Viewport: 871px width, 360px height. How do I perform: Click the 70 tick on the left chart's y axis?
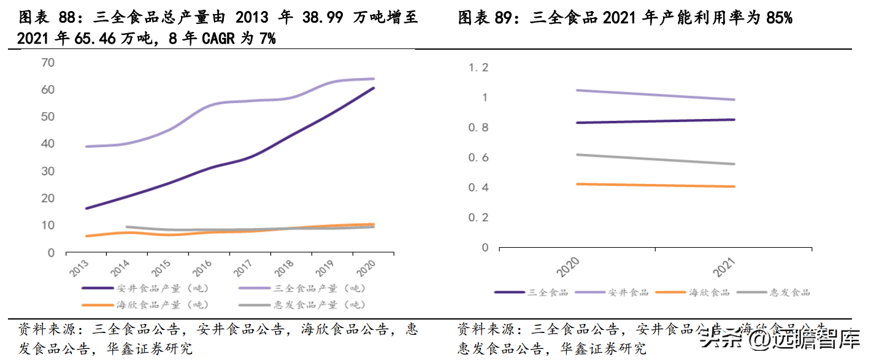[48, 63]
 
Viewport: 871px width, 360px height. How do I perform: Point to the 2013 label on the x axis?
[79, 267]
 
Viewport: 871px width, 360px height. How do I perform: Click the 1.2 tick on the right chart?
[478, 67]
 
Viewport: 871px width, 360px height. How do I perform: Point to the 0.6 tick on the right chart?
[478, 158]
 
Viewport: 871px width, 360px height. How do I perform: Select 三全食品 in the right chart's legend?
[548, 293]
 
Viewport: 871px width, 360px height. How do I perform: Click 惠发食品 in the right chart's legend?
[790, 293]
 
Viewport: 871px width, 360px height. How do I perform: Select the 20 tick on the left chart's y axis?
[48, 198]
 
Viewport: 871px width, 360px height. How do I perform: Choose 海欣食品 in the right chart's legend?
[710, 293]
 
